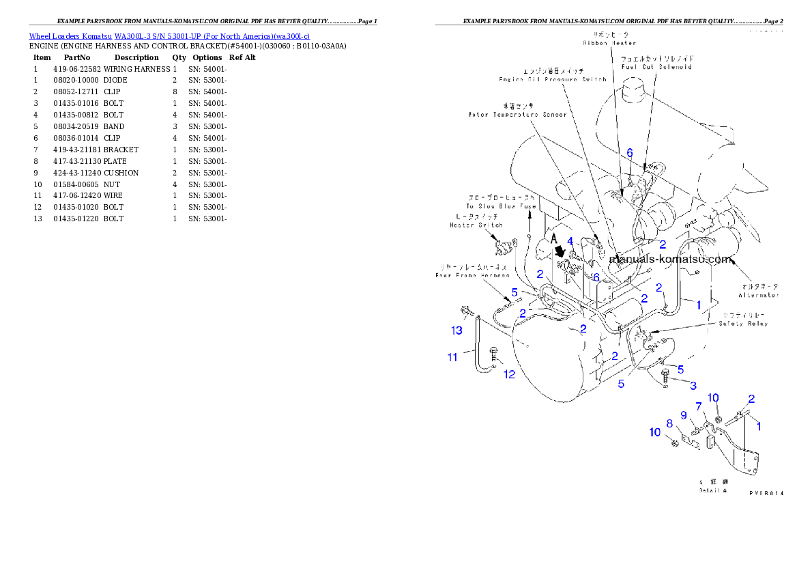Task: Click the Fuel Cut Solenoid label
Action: point(656,67)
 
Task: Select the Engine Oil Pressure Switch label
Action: point(552,79)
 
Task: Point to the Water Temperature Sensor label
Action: point(517,114)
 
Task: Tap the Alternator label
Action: point(758,295)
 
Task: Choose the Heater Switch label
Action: point(476,225)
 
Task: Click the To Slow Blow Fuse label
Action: point(502,206)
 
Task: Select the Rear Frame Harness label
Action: point(472,275)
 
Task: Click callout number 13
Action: point(456,331)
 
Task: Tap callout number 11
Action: point(452,357)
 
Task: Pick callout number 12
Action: point(509,374)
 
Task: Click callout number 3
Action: point(693,386)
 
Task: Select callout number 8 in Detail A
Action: point(669,423)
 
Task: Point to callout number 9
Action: point(683,415)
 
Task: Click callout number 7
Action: point(698,406)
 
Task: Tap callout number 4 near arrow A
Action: point(570,241)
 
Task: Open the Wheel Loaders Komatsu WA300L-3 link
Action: point(169,36)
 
